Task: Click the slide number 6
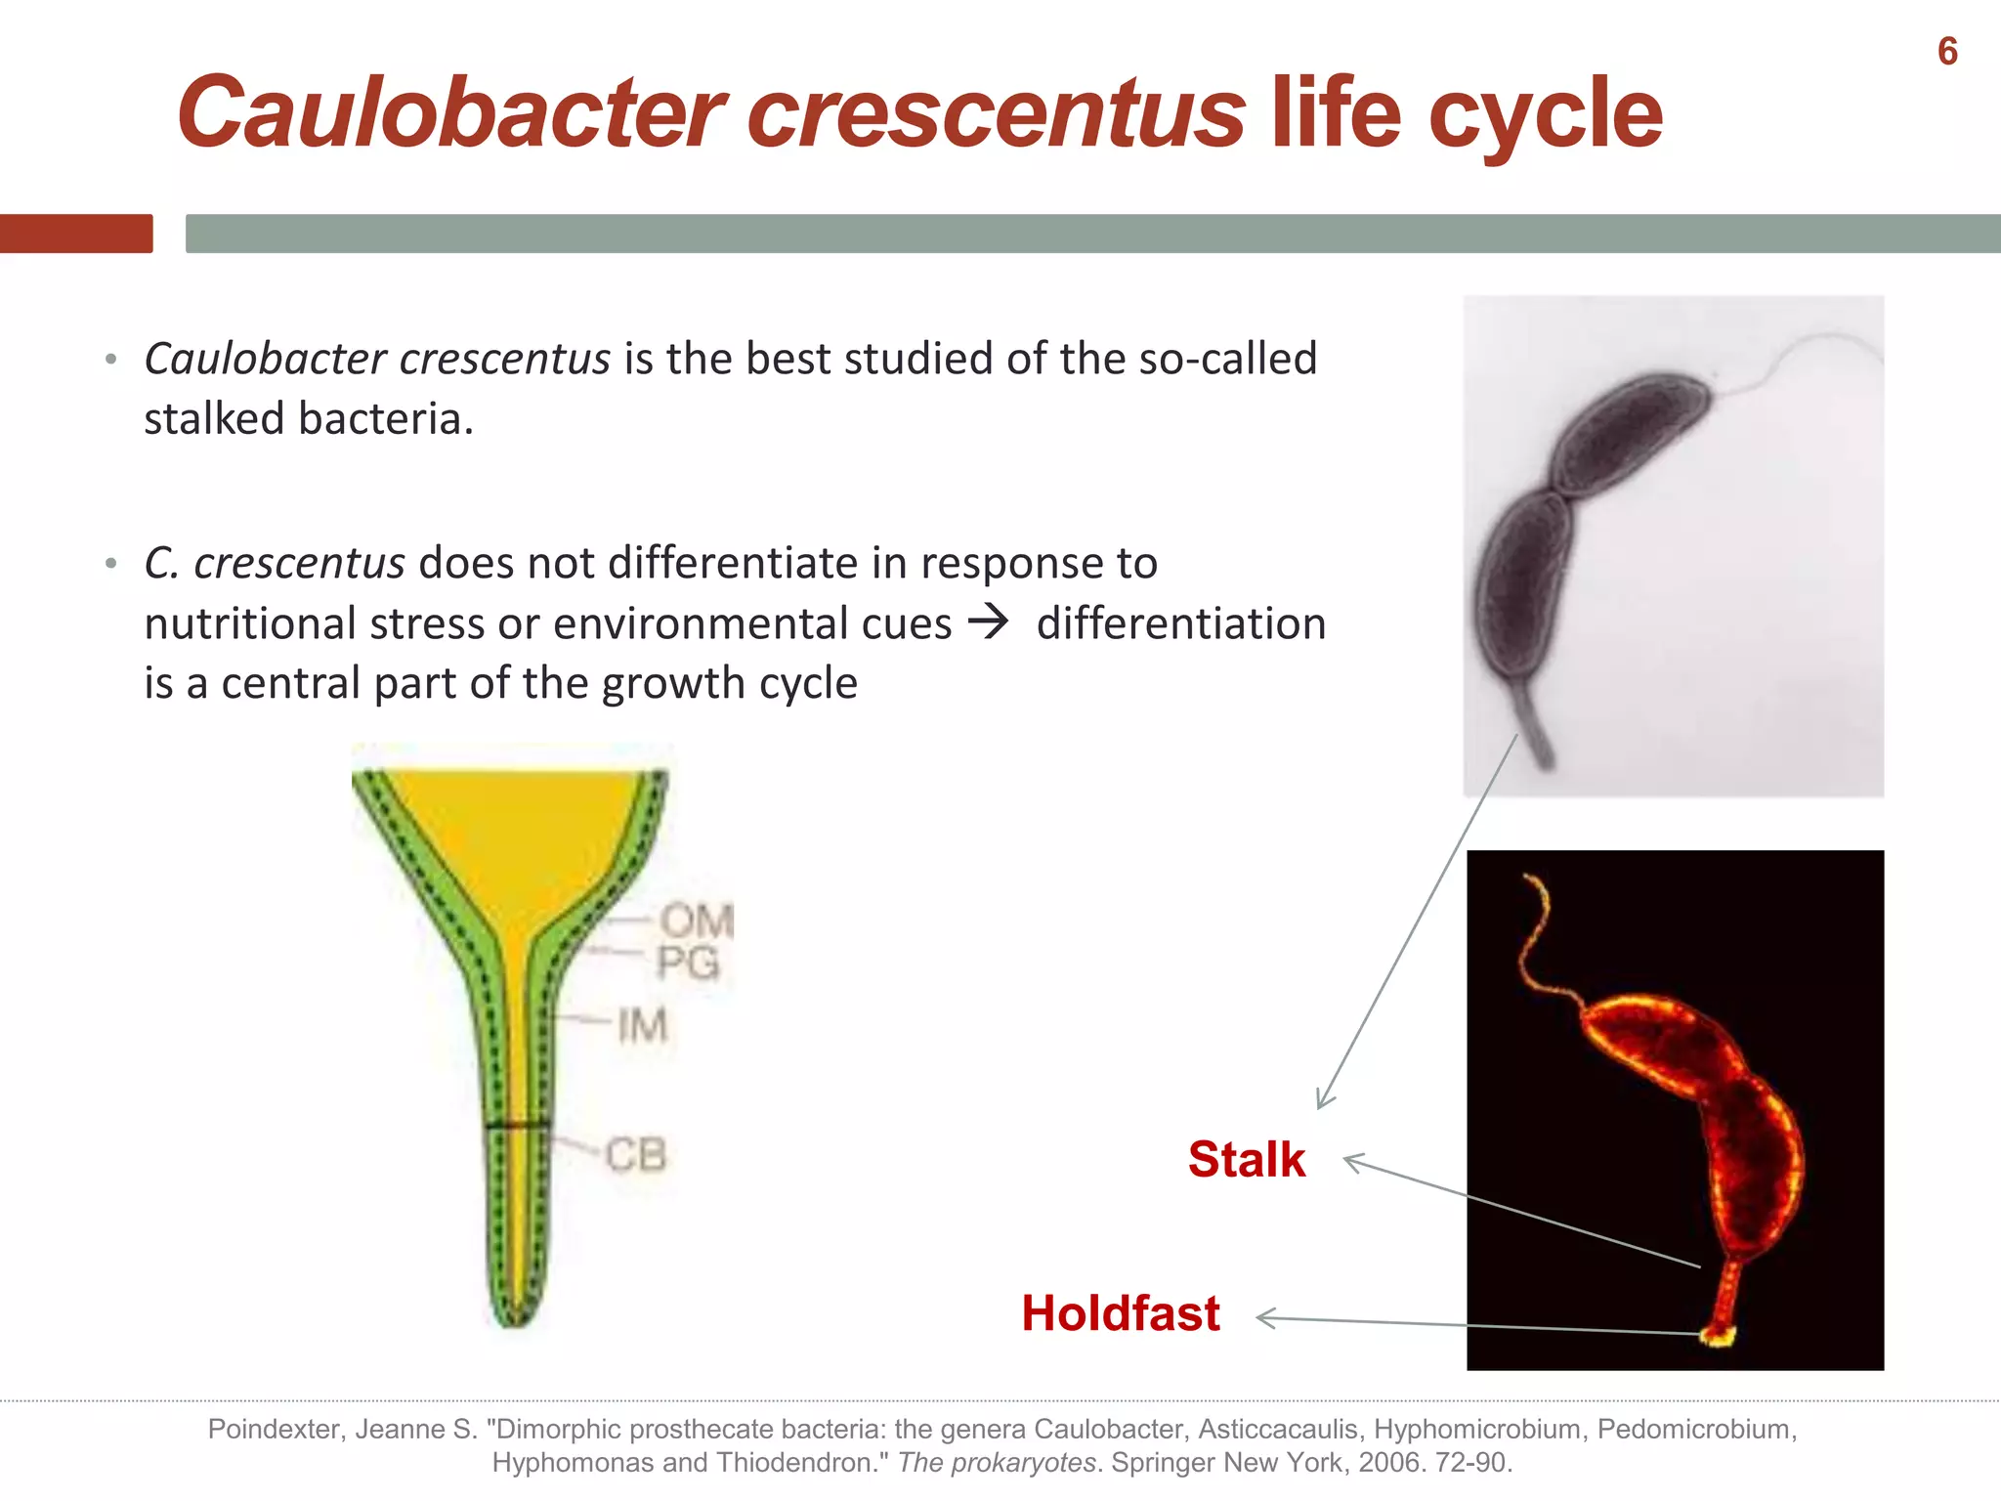tap(1946, 52)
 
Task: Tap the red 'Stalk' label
tap(1246, 1160)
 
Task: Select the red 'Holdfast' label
tap(1120, 1313)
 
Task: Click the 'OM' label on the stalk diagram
tap(695, 921)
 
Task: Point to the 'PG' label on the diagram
tap(688, 963)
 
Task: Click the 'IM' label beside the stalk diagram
tap(642, 1026)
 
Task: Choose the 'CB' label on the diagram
tap(635, 1155)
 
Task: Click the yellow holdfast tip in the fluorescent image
tap(1717, 1335)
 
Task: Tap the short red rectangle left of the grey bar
tap(76, 234)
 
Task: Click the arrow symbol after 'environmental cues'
tap(989, 622)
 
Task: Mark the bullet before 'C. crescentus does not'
tap(111, 564)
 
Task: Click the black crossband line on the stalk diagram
tap(517, 1126)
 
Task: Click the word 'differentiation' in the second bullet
tap(1180, 623)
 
